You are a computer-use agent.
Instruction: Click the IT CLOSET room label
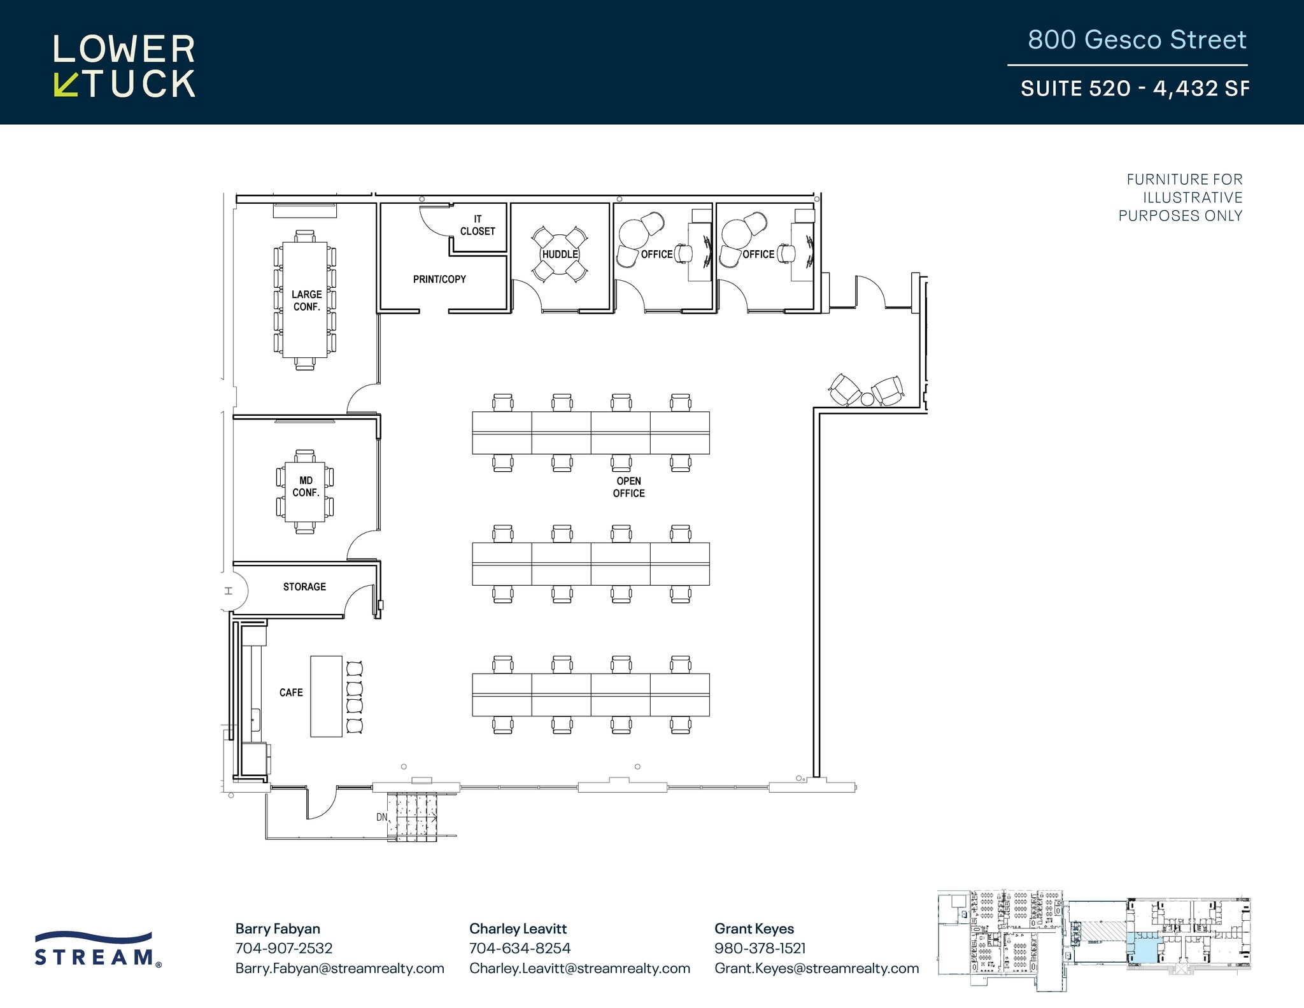(478, 225)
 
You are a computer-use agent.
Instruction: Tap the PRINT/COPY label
(439, 279)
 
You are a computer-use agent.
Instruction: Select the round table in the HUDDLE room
(560, 254)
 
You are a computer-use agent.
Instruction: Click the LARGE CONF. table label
(306, 301)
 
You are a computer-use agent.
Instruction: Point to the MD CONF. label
(306, 486)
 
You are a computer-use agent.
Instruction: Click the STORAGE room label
(304, 586)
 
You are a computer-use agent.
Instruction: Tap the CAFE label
(291, 692)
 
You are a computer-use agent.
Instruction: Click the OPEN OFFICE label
(628, 487)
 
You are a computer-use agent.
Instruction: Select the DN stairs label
(381, 817)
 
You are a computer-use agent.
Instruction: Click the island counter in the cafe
(326, 697)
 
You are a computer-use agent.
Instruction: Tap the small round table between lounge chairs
(867, 399)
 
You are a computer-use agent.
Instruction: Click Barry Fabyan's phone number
(284, 948)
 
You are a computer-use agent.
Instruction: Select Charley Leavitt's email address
(579, 969)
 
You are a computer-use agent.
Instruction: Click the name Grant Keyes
(754, 928)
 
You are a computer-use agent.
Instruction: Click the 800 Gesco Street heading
(1137, 39)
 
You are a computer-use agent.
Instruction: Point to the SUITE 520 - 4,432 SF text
(1135, 88)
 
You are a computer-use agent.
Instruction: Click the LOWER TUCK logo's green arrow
(66, 85)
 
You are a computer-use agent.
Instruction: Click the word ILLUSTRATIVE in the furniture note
(1192, 197)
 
